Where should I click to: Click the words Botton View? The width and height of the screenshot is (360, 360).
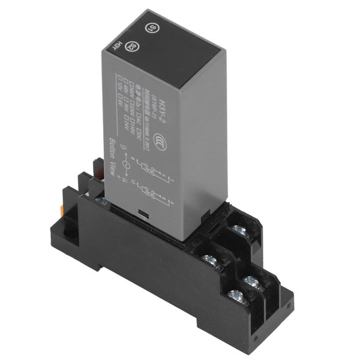(x=112, y=158)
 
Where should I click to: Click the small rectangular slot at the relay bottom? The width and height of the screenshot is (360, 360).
(x=142, y=213)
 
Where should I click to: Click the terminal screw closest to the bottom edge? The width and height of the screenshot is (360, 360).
(x=234, y=295)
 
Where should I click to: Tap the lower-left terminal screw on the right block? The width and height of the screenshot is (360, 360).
(x=209, y=260)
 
